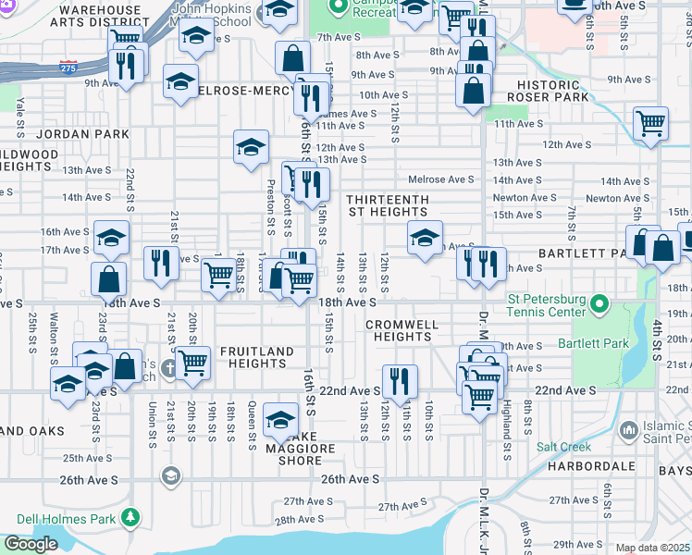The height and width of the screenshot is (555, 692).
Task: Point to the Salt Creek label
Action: (x=561, y=446)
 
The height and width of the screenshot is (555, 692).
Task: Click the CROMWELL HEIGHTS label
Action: (x=399, y=330)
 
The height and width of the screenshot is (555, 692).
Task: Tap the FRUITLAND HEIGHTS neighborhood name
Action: (x=257, y=357)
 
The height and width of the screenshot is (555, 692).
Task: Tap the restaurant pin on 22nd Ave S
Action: (x=400, y=380)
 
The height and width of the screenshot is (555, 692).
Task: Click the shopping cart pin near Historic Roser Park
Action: (x=651, y=123)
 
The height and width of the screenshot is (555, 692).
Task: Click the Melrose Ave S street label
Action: (x=441, y=179)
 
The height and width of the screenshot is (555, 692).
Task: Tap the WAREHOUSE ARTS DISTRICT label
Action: (x=100, y=17)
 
